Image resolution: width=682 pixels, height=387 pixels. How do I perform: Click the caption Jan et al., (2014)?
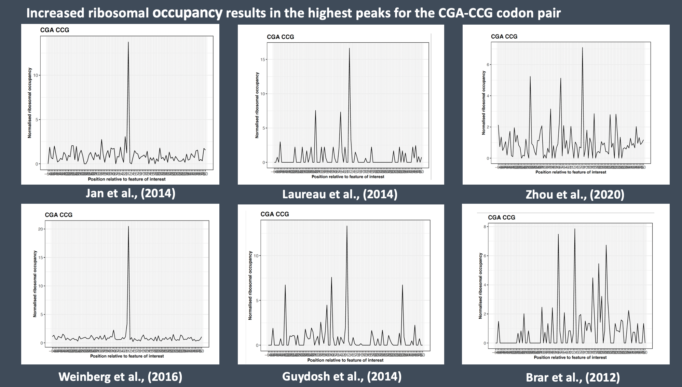pos(130,193)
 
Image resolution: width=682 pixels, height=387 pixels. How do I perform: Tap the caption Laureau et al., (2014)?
pos(340,195)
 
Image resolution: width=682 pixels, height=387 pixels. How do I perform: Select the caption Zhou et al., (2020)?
pos(575,195)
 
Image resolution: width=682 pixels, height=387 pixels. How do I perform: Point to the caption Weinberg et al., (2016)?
pos(120,377)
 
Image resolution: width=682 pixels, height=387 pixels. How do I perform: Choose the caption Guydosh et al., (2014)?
pos(342,376)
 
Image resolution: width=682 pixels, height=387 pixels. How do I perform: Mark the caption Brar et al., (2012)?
pos(573,377)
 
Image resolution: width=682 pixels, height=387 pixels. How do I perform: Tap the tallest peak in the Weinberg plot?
pos(128,227)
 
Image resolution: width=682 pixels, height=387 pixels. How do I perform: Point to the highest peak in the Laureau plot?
pos(349,49)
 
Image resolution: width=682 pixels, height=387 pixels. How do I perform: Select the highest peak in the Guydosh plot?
pos(347,226)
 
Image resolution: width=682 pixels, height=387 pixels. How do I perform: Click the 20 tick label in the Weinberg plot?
pos(41,229)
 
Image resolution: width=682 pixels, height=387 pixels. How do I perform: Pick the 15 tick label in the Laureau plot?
pos(263,59)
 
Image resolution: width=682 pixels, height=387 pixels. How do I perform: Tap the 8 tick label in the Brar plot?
pos(485,227)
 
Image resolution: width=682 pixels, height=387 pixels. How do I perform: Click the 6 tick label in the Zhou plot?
pos(489,65)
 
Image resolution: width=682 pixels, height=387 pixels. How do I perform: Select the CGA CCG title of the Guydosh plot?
pos(274,214)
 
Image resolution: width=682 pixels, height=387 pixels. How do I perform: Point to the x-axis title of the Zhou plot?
pos(571,172)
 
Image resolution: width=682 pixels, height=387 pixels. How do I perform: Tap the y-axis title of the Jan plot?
pos(30,103)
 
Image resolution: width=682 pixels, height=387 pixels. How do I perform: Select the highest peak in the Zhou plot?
pos(582,48)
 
